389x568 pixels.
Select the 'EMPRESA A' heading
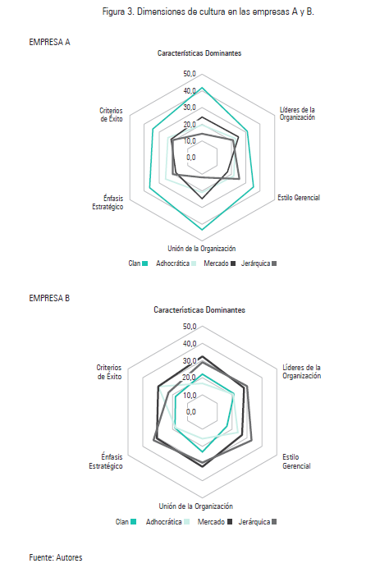[x=49, y=40]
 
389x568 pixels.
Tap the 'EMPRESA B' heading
[x=49, y=298]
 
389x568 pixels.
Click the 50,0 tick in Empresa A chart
[x=190, y=75]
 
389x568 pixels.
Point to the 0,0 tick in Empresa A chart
[x=190, y=158]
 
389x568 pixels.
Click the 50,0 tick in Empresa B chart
[x=190, y=328]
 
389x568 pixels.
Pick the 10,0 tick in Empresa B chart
[x=190, y=395]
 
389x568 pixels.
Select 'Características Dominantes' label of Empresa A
[x=199, y=53]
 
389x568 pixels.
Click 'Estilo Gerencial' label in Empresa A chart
[x=299, y=198]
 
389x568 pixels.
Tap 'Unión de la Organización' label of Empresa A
[x=202, y=249]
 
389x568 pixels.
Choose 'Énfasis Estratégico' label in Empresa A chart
[x=108, y=202]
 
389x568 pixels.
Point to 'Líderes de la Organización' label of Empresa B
[x=301, y=372]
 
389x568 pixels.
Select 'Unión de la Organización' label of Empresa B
[x=195, y=506]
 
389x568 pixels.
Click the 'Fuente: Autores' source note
[x=56, y=557]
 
